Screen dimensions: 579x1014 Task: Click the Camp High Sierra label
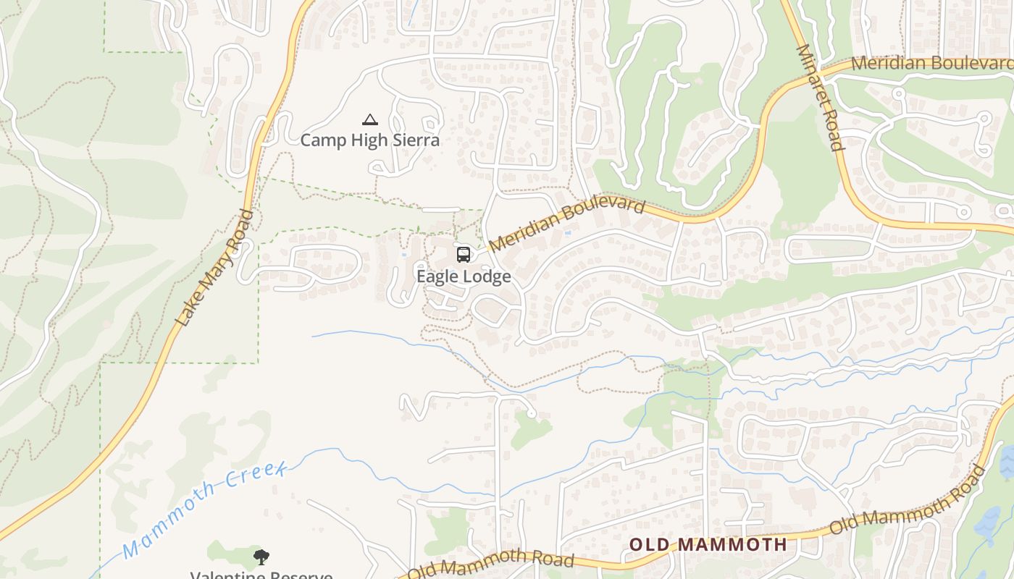point(369,140)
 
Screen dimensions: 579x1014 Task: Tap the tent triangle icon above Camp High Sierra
point(370,119)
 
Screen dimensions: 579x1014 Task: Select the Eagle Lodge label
point(464,276)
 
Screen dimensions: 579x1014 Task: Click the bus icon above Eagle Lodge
point(464,255)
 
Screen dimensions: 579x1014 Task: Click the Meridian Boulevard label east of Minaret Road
point(931,63)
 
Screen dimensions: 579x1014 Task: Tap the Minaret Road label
point(821,97)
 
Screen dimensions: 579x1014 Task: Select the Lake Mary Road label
point(214,269)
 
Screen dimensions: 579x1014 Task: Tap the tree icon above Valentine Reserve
point(261,557)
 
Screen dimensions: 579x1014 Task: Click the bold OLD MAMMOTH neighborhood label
point(708,544)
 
